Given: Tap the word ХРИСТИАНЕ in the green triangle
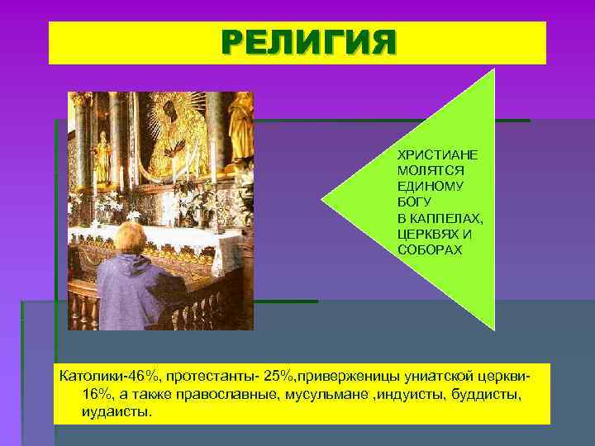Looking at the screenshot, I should pos(431,155).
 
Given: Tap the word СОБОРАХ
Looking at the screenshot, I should pos(426,249).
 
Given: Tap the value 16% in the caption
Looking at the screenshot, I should pos(98,394).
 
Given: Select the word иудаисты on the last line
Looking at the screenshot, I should pos(117,410).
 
